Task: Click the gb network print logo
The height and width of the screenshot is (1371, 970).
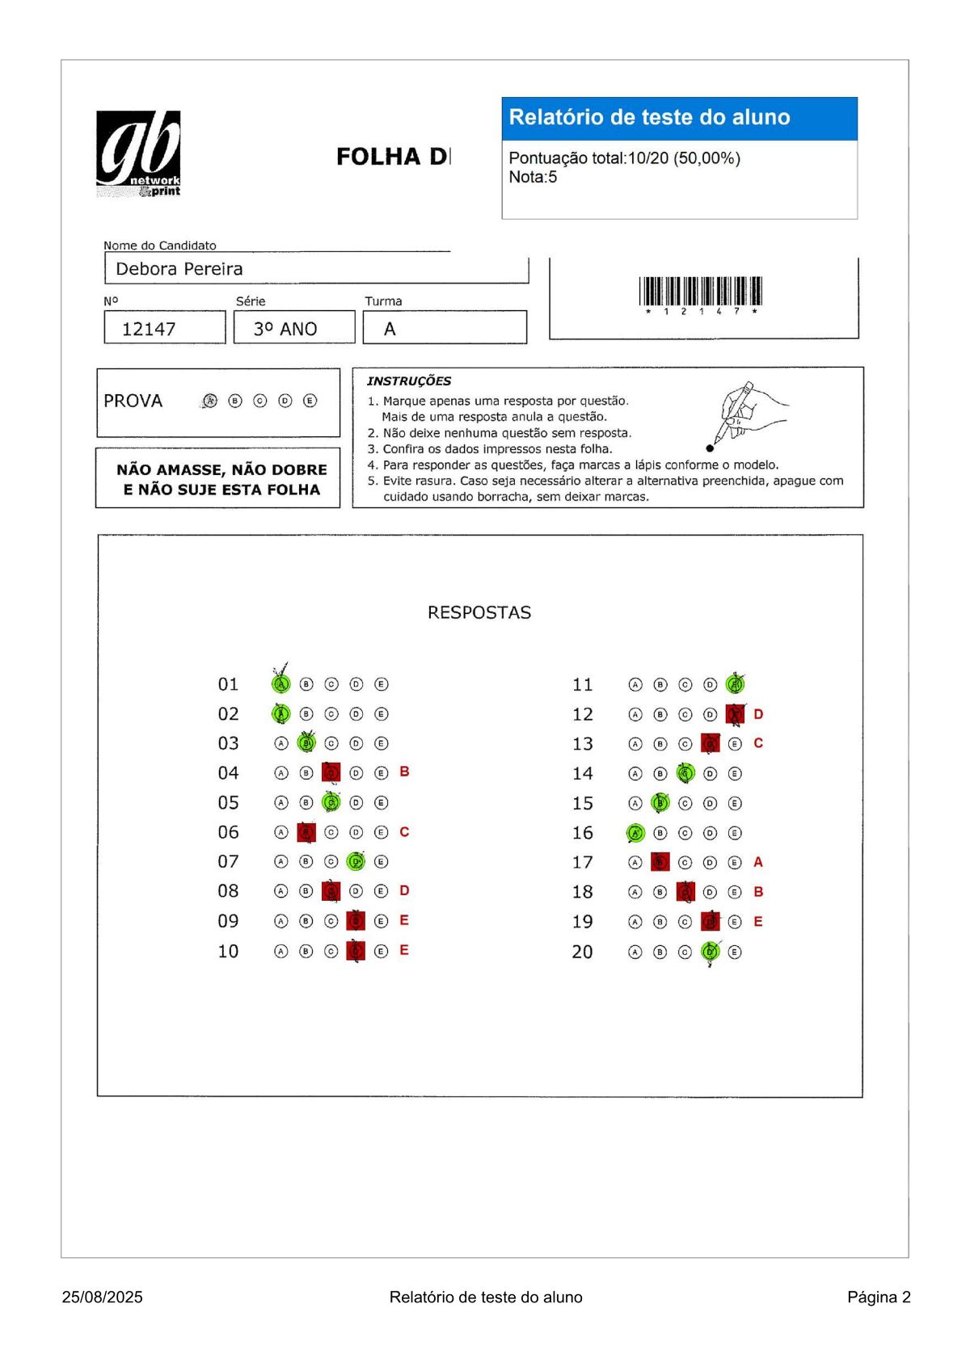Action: click(x=138, y=154)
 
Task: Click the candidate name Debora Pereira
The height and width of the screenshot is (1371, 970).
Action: click(x=179, y=269)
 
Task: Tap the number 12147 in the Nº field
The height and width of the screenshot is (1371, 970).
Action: click(x=149, y=329)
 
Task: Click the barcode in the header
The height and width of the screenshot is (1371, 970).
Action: click(x=700, y=292)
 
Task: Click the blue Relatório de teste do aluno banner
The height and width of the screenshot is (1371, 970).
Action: click(x=679, y=118)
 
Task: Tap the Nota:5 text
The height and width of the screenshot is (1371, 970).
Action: click(x=533, y=177)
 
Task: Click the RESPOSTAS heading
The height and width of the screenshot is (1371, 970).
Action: click(x=479, y=612)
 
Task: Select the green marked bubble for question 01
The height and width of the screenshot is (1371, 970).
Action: click(x=281, y=683)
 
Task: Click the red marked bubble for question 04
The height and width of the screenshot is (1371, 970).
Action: click(x=331, y=773)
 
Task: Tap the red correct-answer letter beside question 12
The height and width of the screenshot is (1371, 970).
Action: click(x=758, y=714)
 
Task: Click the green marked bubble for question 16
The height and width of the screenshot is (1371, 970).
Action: click(x=635, y=833)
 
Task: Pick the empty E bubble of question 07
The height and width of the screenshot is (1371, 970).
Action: click(x=382, y=861)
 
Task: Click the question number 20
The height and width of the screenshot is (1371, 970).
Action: click(x=582, y=952)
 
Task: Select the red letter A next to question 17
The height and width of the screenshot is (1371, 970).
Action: click(x=758, y=862)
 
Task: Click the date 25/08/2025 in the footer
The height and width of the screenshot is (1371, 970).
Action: click(x=102, y=1297)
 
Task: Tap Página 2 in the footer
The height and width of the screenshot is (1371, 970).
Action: click(x=879, y=1297)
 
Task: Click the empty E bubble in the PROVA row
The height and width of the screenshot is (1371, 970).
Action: click(x=310, y=401)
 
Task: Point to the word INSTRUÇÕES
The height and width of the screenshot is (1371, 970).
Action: click(x=409, y=381)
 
